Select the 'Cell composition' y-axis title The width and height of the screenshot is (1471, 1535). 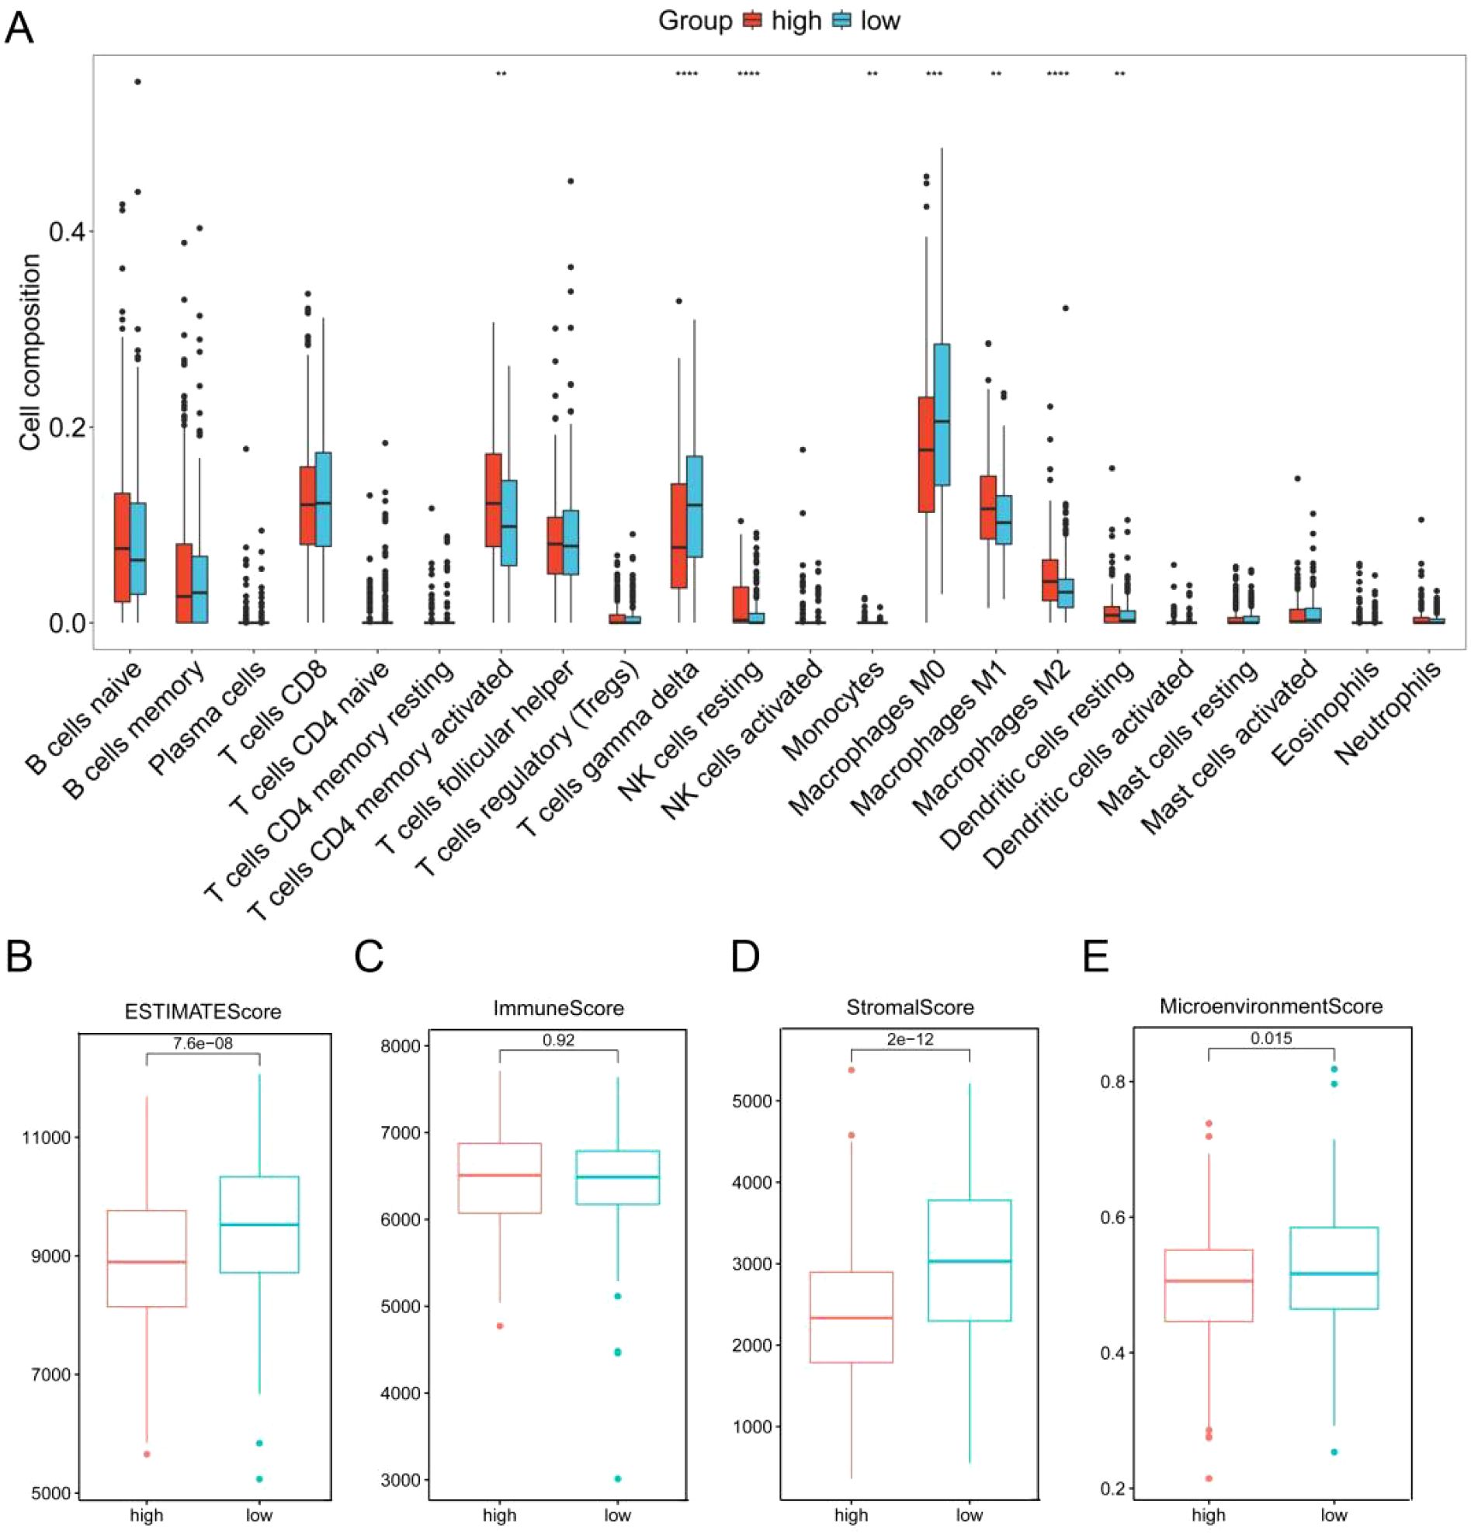(x=29, y=352)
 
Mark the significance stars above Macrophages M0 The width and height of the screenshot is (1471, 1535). (x=934, y=74)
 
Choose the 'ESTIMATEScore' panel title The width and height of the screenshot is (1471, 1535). (x=202, y=1011)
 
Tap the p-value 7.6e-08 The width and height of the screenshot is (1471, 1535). (x=202, y=1042)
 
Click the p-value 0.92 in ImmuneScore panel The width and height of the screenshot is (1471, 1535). (x=558, y=1039)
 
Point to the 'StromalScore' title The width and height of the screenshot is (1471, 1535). (x=911, y=1007)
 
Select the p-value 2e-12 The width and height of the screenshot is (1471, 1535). (x=911, y=1039)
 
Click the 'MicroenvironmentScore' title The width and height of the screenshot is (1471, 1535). (x=1271, y=1007)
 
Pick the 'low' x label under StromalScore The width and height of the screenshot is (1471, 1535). (x=969, y=1516)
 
